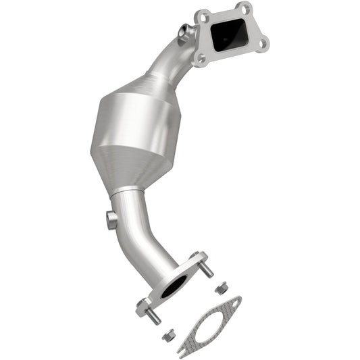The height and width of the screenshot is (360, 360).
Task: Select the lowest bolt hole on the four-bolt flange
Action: coord(199,59)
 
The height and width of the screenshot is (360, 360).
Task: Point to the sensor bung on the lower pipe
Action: coord(111,220)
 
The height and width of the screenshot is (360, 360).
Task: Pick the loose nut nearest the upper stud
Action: coord(220,288)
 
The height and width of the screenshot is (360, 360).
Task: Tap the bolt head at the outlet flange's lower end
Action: coord(144,307)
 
